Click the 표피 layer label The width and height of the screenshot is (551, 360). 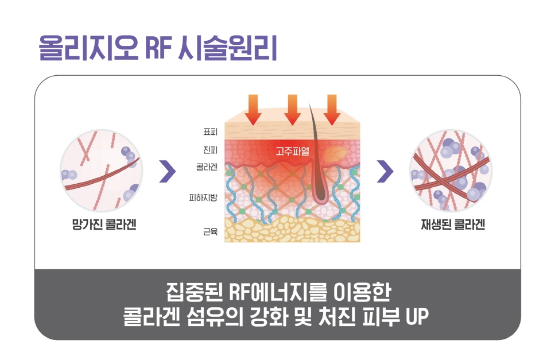coord(211,132)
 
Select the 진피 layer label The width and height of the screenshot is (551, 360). coord(211,150)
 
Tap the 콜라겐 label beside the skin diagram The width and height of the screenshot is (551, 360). coord(207,167)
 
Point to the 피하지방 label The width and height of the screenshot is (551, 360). coord(203,198)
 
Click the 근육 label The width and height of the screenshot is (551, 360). coord(211,231)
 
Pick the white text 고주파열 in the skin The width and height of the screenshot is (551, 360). coord(292,151)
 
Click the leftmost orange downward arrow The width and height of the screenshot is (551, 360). coord(253,109)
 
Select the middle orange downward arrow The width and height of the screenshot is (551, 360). coord(292,109)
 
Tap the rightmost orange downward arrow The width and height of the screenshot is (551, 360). coord(332,109)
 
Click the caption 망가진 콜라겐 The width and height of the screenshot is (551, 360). coord(104,224)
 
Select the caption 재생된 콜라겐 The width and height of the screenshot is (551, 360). coord(453,224)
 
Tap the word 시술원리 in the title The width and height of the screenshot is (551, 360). coord(228,48)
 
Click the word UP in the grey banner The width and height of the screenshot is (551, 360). coord(417,316)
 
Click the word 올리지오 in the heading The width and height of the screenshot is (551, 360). coord(88,48)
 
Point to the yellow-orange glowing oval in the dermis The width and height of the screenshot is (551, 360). coord(334,154)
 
